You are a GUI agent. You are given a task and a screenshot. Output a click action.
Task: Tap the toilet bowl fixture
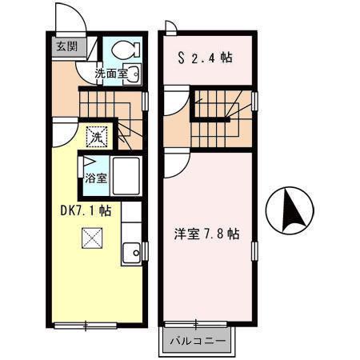coord(124,50)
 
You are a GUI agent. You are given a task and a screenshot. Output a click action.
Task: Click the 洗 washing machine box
coord(97,136)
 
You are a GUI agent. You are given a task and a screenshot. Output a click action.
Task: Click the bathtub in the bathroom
coord(125,176)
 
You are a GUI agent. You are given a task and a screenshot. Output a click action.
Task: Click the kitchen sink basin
coord(130,255)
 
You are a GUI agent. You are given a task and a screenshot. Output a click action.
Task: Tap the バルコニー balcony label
coord(198,342)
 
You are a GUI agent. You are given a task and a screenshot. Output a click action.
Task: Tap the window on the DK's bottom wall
coord(86,324)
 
